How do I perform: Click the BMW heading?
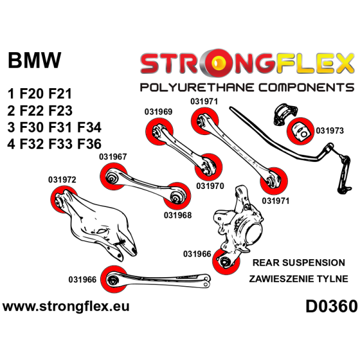click(x=34, y=61)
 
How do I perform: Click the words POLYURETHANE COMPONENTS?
click(x=247, y=88)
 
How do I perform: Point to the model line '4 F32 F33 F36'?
click(x=55, y=144)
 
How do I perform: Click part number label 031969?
click(x=158, y=111)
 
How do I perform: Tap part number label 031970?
click(x=210, y=186)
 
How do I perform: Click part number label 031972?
click(x=62, y=179)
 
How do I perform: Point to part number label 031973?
click(x=330, y=130)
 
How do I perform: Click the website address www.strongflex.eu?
click(x=66, y=307)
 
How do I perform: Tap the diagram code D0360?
click(x=331, y=307)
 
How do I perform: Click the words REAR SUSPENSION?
click(x=299, y=263)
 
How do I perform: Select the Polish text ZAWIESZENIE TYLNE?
click(x=299, y=280)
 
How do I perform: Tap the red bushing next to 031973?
click(x=301, y=130)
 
